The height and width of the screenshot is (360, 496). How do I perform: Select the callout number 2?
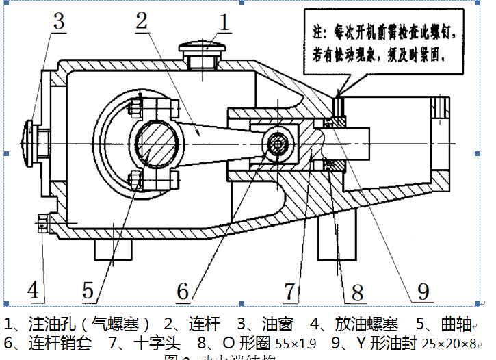pyautogui.click(x=142, y=20)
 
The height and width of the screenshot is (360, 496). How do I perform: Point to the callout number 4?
pyautogui.click(x=32, y=290)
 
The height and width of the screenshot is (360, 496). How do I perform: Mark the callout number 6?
pyautogui.click(x=182, y=291)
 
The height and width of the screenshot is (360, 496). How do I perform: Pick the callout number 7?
pyautogui.click(x=291, y=291)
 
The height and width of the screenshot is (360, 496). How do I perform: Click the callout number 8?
pyautogui.click(x=356, y=292)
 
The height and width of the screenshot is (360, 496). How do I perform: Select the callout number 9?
pyautogui.click(x=423, y=291)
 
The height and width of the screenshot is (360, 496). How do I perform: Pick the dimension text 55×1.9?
pyautogui.click(x=297, y=343)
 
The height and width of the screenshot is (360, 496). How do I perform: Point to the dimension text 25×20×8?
pyautogui.click(x=448, y=343)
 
